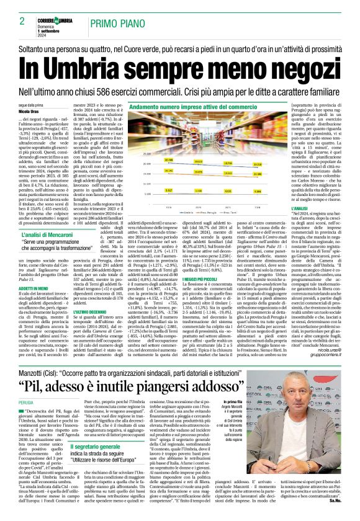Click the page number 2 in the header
[x=22, y=22]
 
